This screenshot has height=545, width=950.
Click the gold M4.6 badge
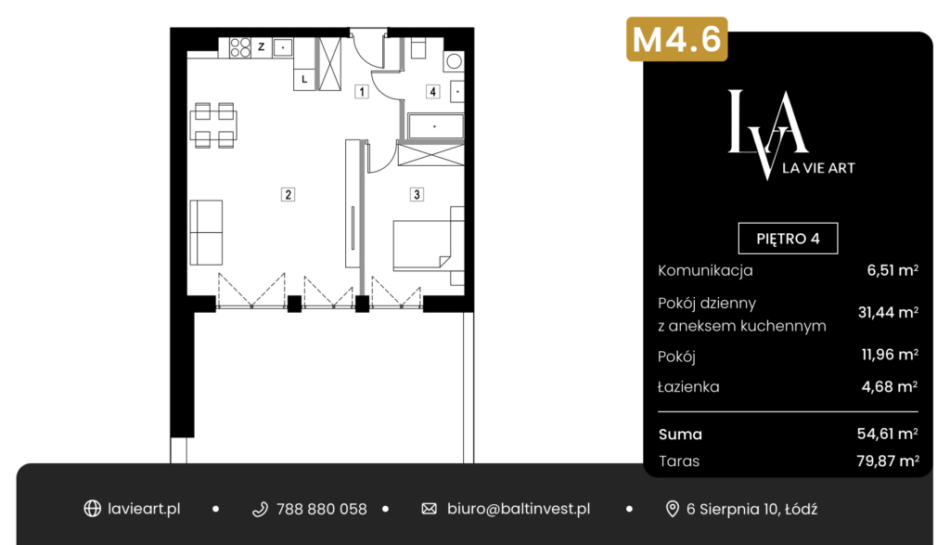pyautogui.click(x=676, y=39)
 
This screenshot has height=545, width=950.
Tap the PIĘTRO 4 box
pyautogui.click(x=788, y=239)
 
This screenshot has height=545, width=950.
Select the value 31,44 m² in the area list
pyautogui.click(x=888, y=312)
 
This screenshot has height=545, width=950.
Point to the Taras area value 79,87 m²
pyautogui.click(x=888, y=461)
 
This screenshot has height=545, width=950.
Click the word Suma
pyautogui.click(x=680, y=435)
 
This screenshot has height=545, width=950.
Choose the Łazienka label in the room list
pyautogui.click(x=688, y=387)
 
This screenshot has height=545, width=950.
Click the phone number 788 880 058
pyautogui.click(x=321, y=509)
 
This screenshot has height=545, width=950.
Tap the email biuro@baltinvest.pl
pyautogui.click(x=519, y=509)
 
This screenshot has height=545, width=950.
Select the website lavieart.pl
pyautogui.click(x=144, y=509)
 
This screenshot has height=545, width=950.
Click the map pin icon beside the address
pyautogui.click(x=672, y=509)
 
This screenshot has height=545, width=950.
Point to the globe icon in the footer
pyautogui.click(x=92, y=509)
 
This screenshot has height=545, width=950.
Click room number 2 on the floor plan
pyautogui.click(x=288, y=195)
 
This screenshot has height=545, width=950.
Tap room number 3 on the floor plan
pyautogui.click(x=417, y=195)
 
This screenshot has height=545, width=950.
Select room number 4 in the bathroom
pyautogui.click(x=432, y=92)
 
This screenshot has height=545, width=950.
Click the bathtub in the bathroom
pyautogui.click(x=436, y=126)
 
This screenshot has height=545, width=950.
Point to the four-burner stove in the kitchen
pyautogui.click(x=240, y=47)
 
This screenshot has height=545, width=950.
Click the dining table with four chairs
pyautogui.click(x=214, y=125)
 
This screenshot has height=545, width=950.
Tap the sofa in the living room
pyautogui.click(x=206, y=233)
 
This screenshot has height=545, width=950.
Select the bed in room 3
pyautogui.click(x=428, y=245)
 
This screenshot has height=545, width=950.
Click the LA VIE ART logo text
pyautogui.click(x=818, y=168)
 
